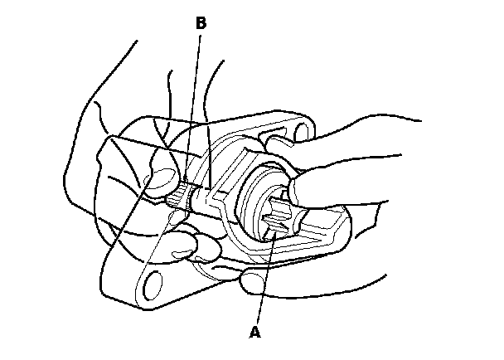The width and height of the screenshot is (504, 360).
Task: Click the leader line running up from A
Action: [x=264, y=282]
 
